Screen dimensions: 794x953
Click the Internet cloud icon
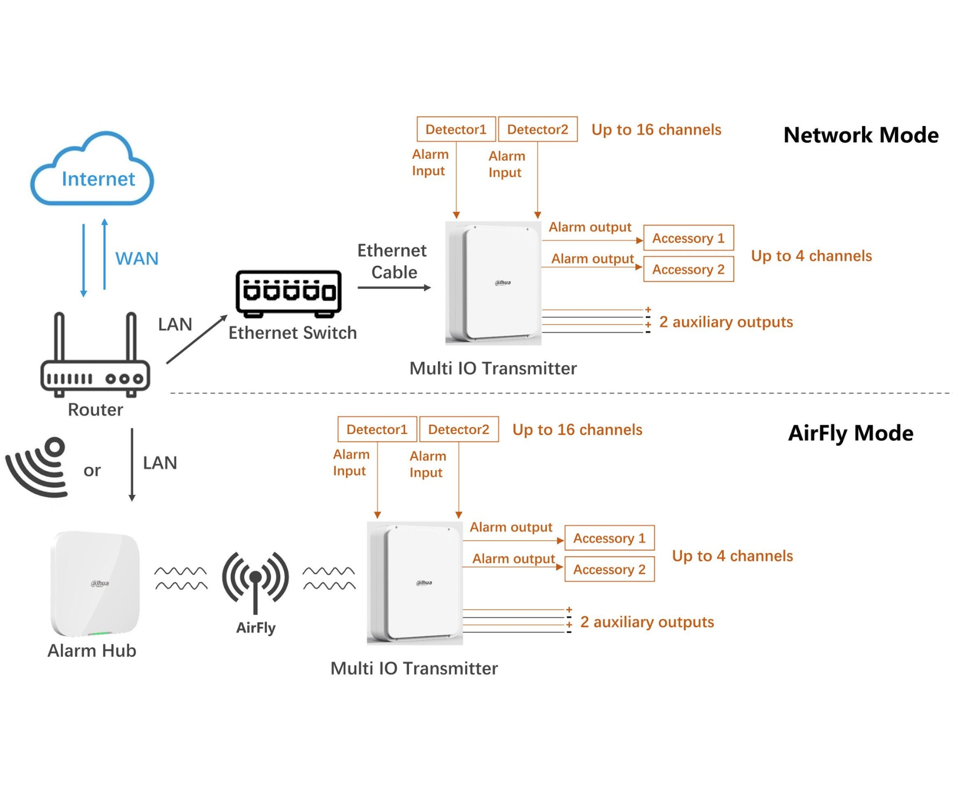(92, 169)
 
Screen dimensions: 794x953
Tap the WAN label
(137, 258)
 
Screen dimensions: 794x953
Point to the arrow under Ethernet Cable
(394, 287)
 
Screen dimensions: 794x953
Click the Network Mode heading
(860, 135)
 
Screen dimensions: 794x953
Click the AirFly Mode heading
(850, 433)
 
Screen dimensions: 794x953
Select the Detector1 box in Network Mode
(456, 130)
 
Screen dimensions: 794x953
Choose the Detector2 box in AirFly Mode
(458, 429)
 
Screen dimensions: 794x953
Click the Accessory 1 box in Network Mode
(688, 238)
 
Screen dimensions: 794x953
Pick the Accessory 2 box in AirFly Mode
(609, 570)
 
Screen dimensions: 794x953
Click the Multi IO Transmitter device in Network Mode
(493, 283)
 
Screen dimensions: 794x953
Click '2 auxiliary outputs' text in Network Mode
(726, 322)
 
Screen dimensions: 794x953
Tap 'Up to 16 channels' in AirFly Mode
(577, 429)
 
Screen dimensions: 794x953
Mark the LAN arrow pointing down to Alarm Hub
(132, 465)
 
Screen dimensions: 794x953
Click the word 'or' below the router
(92, 470)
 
